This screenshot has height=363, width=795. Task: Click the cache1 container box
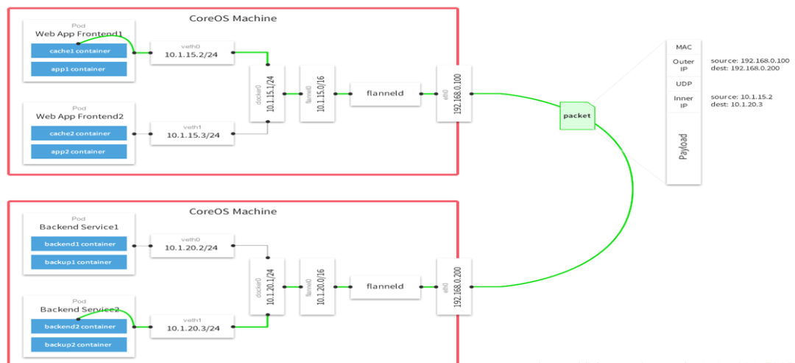(79, 51)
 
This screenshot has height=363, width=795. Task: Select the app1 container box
(79, 69)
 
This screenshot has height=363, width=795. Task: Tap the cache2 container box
(79, 133)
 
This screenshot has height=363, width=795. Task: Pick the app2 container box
(79, 152)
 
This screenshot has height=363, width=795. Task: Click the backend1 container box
(79, 244)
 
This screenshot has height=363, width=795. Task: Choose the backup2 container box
(79, 345)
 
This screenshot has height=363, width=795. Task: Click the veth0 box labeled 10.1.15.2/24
(191, 52)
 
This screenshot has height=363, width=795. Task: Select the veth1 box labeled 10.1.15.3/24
(191, 134)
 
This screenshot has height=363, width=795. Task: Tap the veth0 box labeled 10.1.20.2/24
(191, 245)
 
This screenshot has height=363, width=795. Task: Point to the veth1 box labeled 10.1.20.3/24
(191, 326)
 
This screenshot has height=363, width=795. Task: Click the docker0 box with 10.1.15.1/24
(266, 94)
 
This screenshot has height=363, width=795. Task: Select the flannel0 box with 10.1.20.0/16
(312, 286)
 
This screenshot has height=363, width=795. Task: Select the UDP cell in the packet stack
(684, 84)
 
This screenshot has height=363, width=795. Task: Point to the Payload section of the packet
(684, 147)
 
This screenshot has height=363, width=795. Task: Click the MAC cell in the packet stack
(684, 47)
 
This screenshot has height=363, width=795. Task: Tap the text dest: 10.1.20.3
(738, 105)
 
